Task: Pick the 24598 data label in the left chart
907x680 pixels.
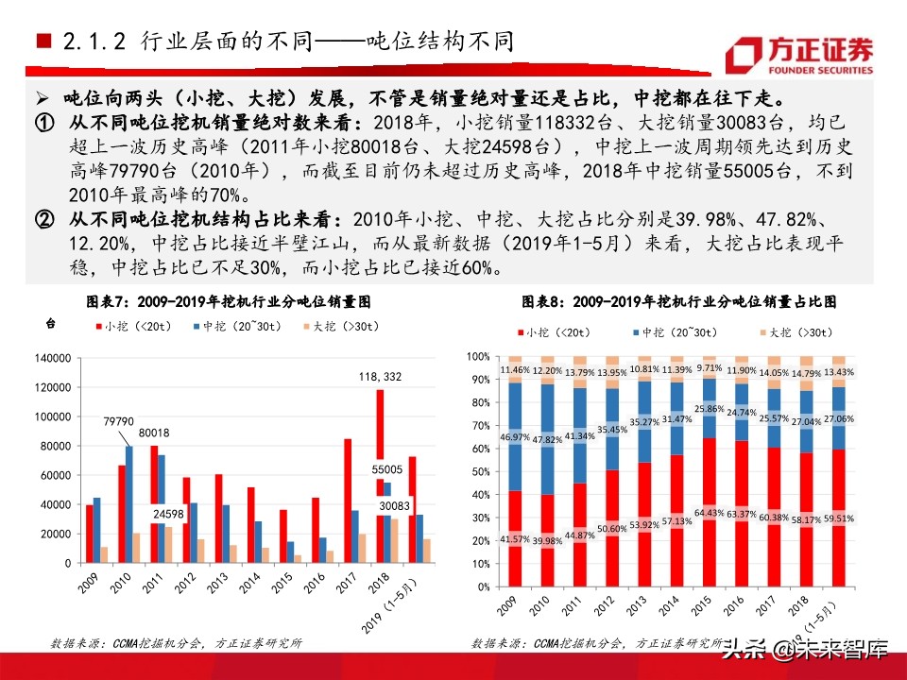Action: [145, 514]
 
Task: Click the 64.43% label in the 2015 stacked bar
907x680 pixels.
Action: [710, 513]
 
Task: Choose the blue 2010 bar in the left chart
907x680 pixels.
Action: [129, 504]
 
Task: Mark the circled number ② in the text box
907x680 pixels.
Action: [45, 220]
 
